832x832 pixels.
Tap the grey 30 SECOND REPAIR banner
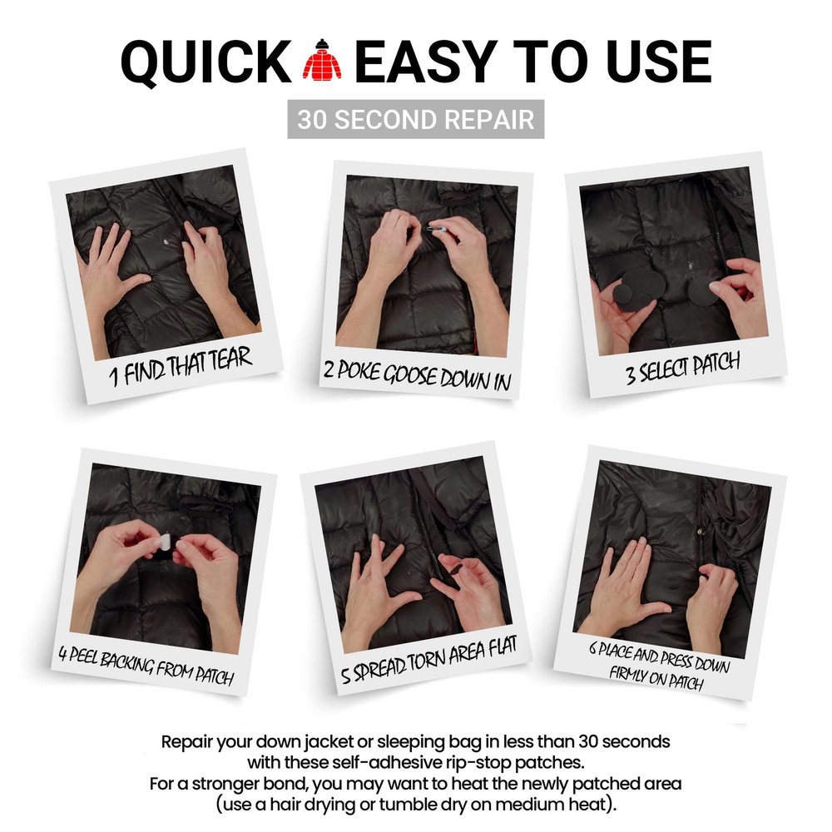click(x=416, y=119)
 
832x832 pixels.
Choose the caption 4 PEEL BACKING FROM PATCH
click(x=146, y=665)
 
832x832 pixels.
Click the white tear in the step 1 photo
click(x=169, y=244)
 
